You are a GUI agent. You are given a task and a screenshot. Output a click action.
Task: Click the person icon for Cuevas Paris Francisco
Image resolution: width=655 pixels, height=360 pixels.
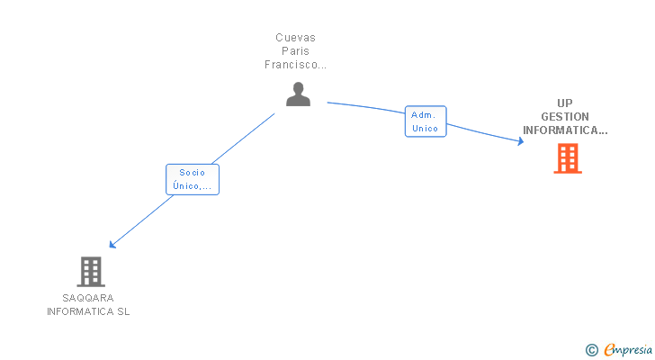[298, 94]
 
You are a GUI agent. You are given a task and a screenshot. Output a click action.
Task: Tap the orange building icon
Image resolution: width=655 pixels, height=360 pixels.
[567, 158]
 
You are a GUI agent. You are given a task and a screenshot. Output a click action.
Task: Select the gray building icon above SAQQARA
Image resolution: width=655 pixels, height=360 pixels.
[90, 271]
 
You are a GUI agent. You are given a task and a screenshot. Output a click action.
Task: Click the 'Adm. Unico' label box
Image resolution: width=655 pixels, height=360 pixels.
[425, 121]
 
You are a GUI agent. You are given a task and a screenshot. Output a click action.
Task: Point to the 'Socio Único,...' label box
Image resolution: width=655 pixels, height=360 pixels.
[192, 179]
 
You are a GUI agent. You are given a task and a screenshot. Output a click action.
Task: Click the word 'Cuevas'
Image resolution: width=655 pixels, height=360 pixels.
[295, 38]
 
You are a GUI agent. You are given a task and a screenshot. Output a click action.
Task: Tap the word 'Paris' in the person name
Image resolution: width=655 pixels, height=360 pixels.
[295, 51]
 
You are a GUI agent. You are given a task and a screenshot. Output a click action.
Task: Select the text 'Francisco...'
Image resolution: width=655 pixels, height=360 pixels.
[295, 65]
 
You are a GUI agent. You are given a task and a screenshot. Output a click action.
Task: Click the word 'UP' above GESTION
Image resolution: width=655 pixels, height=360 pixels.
[565, 103]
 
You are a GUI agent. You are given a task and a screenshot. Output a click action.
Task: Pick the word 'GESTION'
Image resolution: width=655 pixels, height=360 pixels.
[565, 116]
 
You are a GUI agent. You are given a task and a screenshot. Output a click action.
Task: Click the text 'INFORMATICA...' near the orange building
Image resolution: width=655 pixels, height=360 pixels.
[565, 130]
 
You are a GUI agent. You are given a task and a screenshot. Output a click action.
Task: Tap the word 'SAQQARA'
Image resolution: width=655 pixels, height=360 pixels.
[88, 298]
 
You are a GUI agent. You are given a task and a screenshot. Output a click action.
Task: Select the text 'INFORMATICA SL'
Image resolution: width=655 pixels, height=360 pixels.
[88, 311]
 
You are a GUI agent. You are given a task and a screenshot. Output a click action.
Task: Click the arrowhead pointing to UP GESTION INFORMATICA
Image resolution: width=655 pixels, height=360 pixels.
[520, 140]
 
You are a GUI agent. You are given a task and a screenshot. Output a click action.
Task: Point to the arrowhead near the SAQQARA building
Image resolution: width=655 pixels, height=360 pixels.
[112, 244]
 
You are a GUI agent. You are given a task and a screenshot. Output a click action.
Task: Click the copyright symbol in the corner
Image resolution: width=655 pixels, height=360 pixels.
[591, 349]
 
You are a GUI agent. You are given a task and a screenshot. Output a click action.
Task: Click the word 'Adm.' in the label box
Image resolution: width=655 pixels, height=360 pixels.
[424, 115]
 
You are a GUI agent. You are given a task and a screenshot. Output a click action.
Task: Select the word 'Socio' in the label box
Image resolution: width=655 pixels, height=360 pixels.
[192, 173]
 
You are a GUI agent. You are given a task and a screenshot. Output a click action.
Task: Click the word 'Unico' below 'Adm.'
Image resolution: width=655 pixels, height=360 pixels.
[425, 129]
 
